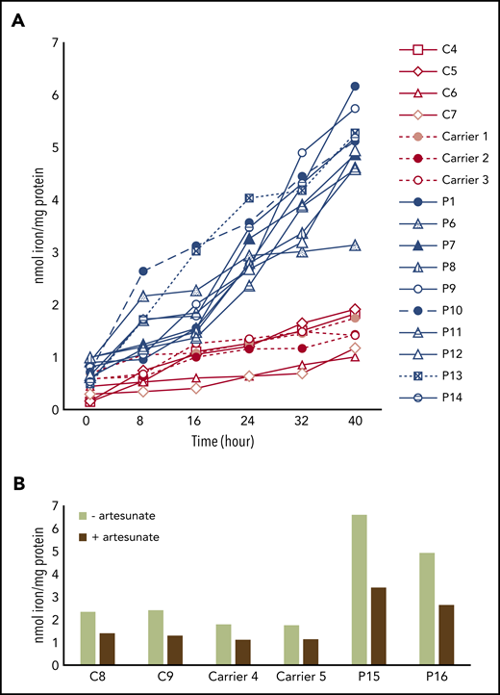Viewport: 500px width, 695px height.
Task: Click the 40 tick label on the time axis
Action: click(x=355, y=422)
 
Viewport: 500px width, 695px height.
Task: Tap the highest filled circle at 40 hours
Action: click(x=355, y=87)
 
